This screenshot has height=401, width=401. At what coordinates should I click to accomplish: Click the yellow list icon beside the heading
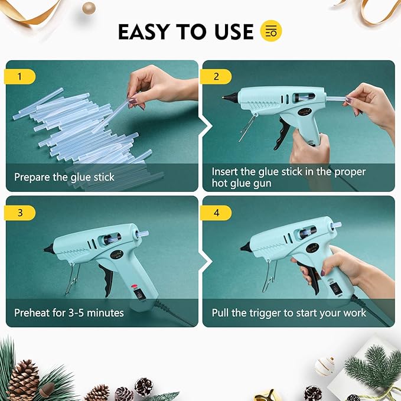pos(272,31)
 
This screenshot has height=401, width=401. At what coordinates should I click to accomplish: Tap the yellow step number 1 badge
pos(20,76)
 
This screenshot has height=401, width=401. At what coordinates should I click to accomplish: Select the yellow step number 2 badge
pos(216,76)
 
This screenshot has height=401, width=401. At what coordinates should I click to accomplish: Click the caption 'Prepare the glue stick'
pos(64,177)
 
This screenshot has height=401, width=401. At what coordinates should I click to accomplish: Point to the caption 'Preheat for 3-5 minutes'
pos(69,312)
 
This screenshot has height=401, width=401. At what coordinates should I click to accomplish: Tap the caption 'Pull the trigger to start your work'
pos(289,312)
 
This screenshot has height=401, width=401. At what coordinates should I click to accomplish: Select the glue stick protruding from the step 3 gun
pos(144,234)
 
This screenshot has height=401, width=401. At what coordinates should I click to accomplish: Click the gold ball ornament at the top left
pos(89,7)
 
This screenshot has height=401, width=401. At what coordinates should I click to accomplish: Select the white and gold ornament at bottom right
pos(324,366)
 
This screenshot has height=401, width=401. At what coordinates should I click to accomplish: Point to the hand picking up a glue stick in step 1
pos(159,86)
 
